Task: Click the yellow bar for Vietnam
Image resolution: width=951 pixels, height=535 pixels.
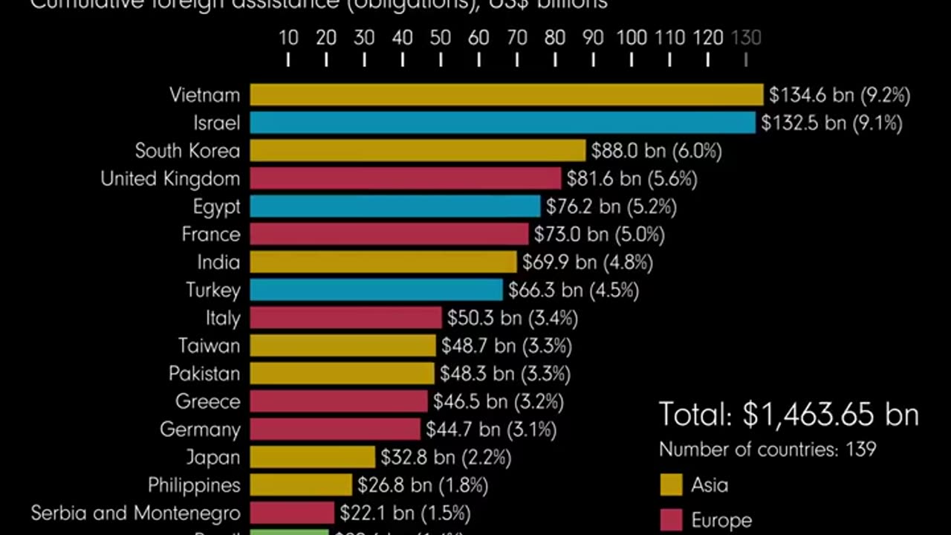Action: pyautogui.click(x=506, y=95)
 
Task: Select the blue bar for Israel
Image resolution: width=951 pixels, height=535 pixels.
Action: pyautogui.click(x=502, y=123)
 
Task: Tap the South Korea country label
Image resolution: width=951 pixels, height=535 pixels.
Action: pyautogui.click(x=187, y=151)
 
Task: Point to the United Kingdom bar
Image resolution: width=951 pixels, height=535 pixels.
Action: pyautogui.click(x=405, y=178)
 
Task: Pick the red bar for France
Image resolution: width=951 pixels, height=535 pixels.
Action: pyautogui.click(x=389, y=234)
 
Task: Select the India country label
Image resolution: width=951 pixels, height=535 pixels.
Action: pyautogui.click(x=218, y=262)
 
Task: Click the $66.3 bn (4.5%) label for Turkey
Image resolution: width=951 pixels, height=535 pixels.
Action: pyautogui.click(x=573, y=290)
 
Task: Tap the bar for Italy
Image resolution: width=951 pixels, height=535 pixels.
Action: pyautogui.click(x=345, y=318)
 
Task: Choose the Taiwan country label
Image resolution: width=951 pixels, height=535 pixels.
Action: pyautogui.click(x=209, y=346)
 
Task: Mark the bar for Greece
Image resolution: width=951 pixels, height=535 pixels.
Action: pyautogui.click(x=339, y=401)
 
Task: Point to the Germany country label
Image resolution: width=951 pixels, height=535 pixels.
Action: pyautogui.click(x=200, y=429)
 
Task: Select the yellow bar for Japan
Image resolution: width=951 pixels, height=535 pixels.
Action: pyautogui.click(x=312, y=457)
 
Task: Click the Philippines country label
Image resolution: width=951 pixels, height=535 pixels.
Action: pyautogui.click(x=194, y=485)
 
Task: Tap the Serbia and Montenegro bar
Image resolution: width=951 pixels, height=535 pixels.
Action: pyautogui.click(x=292, y=513)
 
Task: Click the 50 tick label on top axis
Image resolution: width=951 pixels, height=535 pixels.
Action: pyautogui.click(x=440, y=37)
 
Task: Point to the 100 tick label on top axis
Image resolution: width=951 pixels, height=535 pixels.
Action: pyautogui.click(x=631, y=37)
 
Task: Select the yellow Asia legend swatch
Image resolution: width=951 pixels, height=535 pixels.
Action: pyautogui.click(x=671, y=485)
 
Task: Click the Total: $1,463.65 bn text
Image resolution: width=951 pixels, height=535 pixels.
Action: pyautogui.click(x=788, y=415)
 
